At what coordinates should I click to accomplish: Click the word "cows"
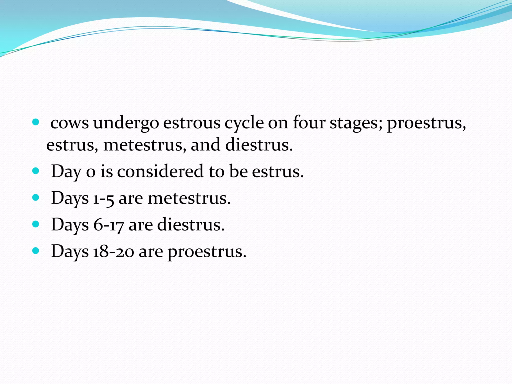(x=69, y=123)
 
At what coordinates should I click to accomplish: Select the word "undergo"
(x=126, y=123)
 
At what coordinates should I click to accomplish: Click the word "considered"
(x=160, y=171)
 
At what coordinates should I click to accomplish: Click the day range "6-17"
(x=108, y=225)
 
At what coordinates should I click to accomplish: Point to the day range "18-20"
(x=113, y=251)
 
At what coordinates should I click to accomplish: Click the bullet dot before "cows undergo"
(x=36, y=122)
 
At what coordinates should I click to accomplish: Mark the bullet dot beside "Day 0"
(x=36, y=171)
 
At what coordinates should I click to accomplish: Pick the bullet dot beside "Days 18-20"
(x=36, y=251)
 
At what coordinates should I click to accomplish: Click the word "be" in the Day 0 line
(x=238, y=171)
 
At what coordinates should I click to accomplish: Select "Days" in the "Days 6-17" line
(x=70, y=225)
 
